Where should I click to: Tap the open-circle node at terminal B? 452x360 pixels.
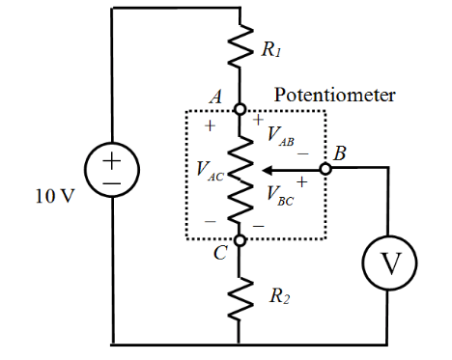point(326,169)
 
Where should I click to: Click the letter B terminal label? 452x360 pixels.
point(340,153)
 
